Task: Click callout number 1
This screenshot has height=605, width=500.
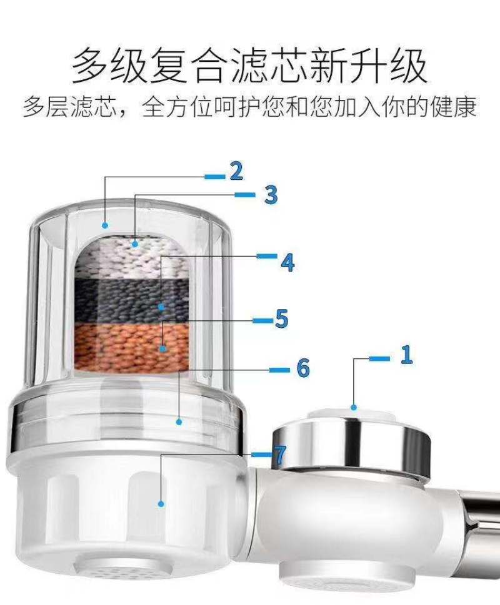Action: (406, 355)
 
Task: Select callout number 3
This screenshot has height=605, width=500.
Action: (271, 194)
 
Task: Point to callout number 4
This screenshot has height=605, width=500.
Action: (287, 263)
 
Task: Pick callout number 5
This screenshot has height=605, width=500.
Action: (282, 318)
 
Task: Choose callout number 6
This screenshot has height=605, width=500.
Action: (303, 368)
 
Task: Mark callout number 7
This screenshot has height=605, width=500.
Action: (279, 455)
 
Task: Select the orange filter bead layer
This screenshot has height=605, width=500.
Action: (131, 346)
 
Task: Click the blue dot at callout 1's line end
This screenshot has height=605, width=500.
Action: (354, 408)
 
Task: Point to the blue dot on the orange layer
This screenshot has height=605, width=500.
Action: (163, 349)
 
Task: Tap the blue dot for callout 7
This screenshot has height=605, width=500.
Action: (161, 504)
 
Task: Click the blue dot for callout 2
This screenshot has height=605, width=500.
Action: (105, 225)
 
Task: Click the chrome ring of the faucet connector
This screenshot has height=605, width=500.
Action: (351, 444)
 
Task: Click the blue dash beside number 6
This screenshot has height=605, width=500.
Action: (279, 370)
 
